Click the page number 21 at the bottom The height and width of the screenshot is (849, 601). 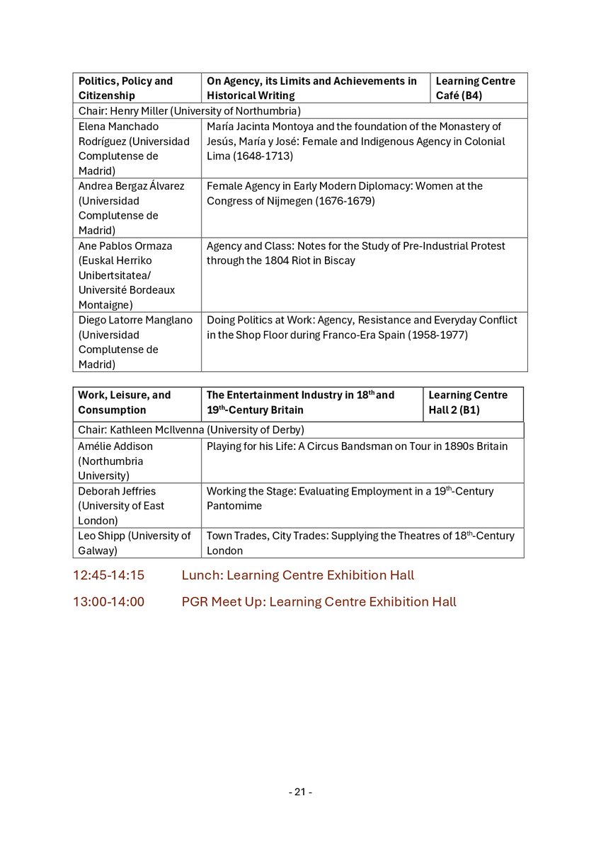point(301,792)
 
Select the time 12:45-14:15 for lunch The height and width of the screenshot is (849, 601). point(108,575)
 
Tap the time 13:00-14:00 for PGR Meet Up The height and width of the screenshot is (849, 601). point(108,602)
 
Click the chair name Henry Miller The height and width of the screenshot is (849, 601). point(139,110)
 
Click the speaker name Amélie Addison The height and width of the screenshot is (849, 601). point(115,446)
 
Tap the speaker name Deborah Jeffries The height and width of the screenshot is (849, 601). point(117,491)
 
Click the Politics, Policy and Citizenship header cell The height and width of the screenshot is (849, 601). point(125,88)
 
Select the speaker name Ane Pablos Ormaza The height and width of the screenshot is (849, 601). point(125,246)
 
